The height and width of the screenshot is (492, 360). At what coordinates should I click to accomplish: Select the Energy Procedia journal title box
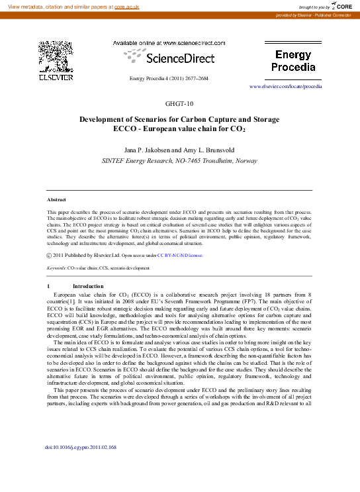coord(294,61)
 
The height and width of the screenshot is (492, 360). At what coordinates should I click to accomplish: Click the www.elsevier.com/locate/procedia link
coord(285,86)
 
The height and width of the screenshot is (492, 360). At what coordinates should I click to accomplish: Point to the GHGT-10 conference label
coord(179,104)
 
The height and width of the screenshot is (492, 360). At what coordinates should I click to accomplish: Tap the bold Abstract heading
coord(56,199)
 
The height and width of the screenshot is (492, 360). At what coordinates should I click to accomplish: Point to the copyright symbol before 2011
coord(50,254)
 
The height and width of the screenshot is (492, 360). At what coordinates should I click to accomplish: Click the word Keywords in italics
coord(57,268)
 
